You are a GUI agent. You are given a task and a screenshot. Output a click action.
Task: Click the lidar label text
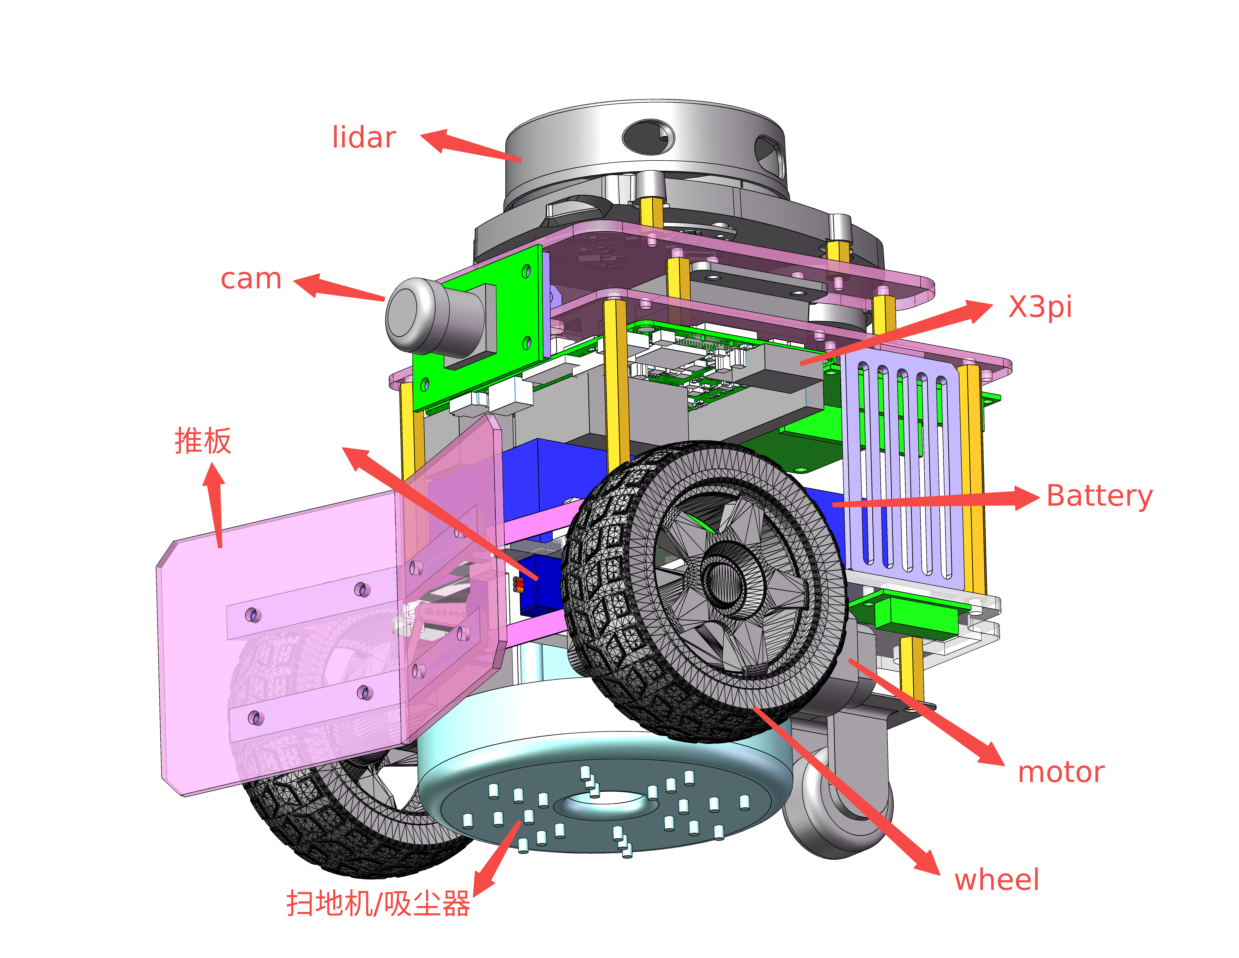point(364,138)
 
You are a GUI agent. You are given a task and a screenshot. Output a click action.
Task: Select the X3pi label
point(1040,307)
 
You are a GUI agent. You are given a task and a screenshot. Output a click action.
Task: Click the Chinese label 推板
point(203,441)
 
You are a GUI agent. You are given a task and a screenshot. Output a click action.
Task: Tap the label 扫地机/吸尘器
point(378,904)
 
